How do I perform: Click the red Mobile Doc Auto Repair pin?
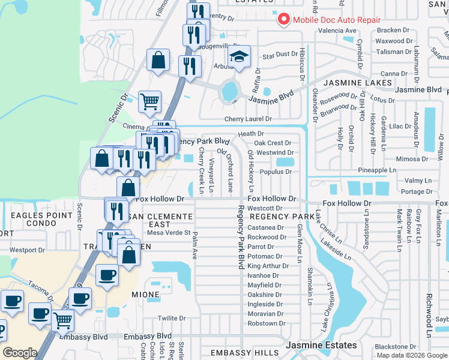click(x=283, y=19)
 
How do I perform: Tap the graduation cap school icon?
click(x=238, y=58)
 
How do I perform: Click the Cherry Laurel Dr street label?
click(x=249, y=119)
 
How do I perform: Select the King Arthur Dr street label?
click(x=265, y=266)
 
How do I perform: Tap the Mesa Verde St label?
click(x=169, y=233)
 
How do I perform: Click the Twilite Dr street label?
click(x=172, y=319)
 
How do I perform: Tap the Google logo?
click(x=20, y=353)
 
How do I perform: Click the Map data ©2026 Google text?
click(x=411, y=355)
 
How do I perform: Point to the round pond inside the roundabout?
click(x=229, y=91)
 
